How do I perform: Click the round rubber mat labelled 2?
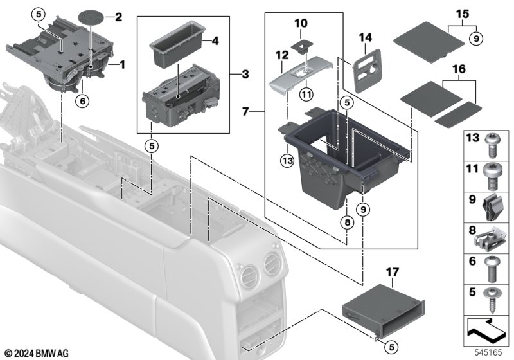(x=91, y=17)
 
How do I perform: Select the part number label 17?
(x=393, y=272)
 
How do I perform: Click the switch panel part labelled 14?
(x=367, y=71)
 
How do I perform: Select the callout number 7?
(x=246, y=112)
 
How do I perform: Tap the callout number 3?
(x=245, y=75)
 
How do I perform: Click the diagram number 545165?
(x=488, y=352)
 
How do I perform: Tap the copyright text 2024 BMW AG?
(x=37, y=354)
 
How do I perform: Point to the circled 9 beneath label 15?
(x=476, y=39)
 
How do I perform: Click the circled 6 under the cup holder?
(x=82, y=101)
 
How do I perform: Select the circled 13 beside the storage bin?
(x=287, y=161)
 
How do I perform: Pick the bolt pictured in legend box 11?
(x=491, y=176)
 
